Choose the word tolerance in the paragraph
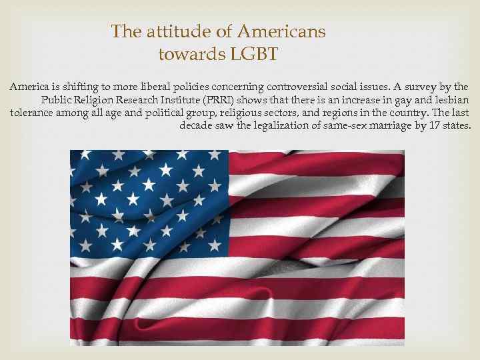tap(35, 113)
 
